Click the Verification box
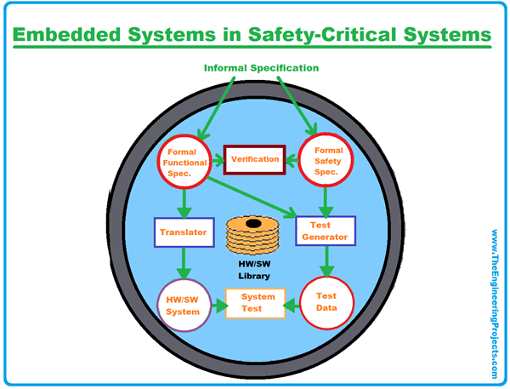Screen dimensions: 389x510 (x=254, y=159)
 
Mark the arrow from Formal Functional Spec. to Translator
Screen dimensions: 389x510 (x=184, y=203)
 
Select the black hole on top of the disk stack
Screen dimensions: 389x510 (x=253, y=224)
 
